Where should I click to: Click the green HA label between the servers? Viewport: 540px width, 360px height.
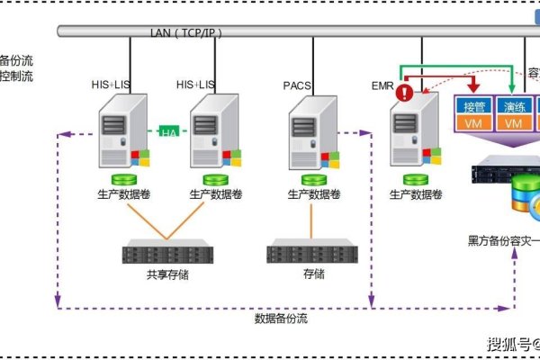point(169,132)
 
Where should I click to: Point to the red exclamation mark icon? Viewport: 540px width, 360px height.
point(406,92)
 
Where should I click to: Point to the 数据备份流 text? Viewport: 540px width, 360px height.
point(281,318)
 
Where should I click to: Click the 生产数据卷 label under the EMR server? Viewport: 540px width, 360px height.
point(415,193)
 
